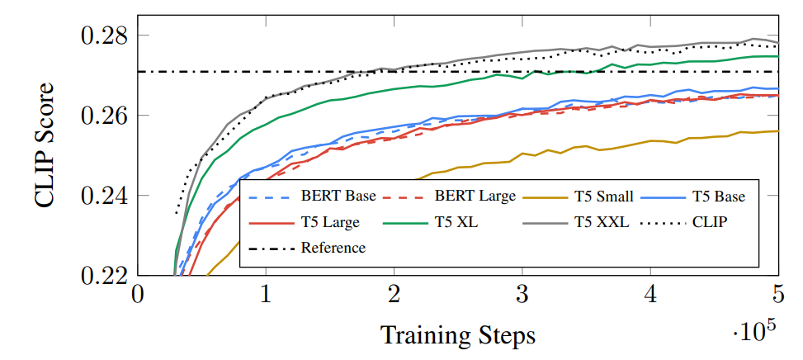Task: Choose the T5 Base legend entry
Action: point(718,197)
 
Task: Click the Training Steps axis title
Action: point(457,335)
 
